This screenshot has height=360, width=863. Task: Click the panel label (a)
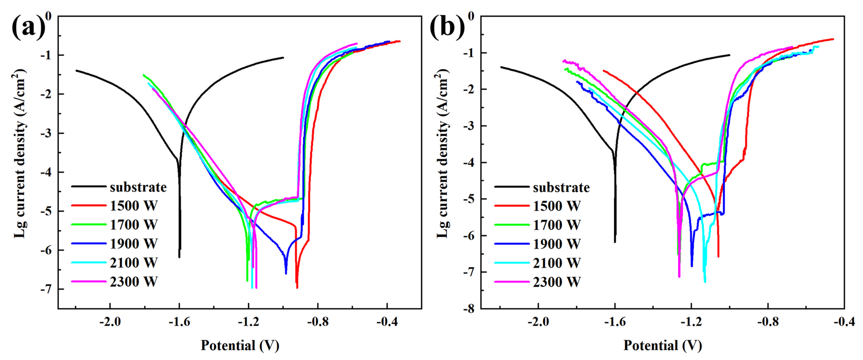pos(28,27)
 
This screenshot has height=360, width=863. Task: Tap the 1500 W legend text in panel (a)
pos(133,206)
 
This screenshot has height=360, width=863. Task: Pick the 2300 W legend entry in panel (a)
pos(133,282)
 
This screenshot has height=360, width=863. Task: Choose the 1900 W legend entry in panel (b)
pos(556,244)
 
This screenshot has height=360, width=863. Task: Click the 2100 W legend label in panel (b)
pos(556,263)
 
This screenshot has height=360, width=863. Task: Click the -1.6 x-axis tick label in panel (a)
pos(179,322)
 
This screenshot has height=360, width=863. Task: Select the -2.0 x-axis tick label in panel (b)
pos(538,322)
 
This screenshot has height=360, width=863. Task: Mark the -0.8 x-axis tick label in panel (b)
pos(768,322)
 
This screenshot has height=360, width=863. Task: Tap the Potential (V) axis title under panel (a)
pos(240,345)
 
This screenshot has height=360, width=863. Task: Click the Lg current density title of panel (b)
pos(442,154)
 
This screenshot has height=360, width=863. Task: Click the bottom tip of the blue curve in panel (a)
pos(286,274)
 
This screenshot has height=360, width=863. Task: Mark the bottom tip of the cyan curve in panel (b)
pos(705,282)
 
